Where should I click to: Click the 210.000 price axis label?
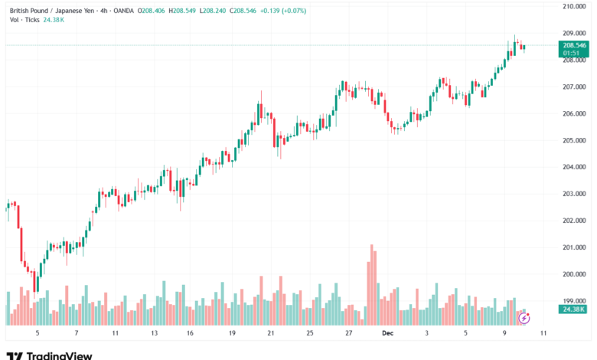tap(574, 6)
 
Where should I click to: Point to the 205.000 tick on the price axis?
tap(574, 140)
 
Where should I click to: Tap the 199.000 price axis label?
tap(574, 301)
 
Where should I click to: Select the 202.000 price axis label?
tap(574, 221)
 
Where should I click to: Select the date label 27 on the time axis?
tap(348, 334)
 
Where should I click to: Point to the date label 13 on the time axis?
tap(153, 334)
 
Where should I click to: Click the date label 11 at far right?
tap(543, 334)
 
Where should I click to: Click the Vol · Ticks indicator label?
tap(24, 21)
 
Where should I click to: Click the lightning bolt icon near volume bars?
tap(524, 317)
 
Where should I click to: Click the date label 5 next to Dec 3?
tap(465, 334)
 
